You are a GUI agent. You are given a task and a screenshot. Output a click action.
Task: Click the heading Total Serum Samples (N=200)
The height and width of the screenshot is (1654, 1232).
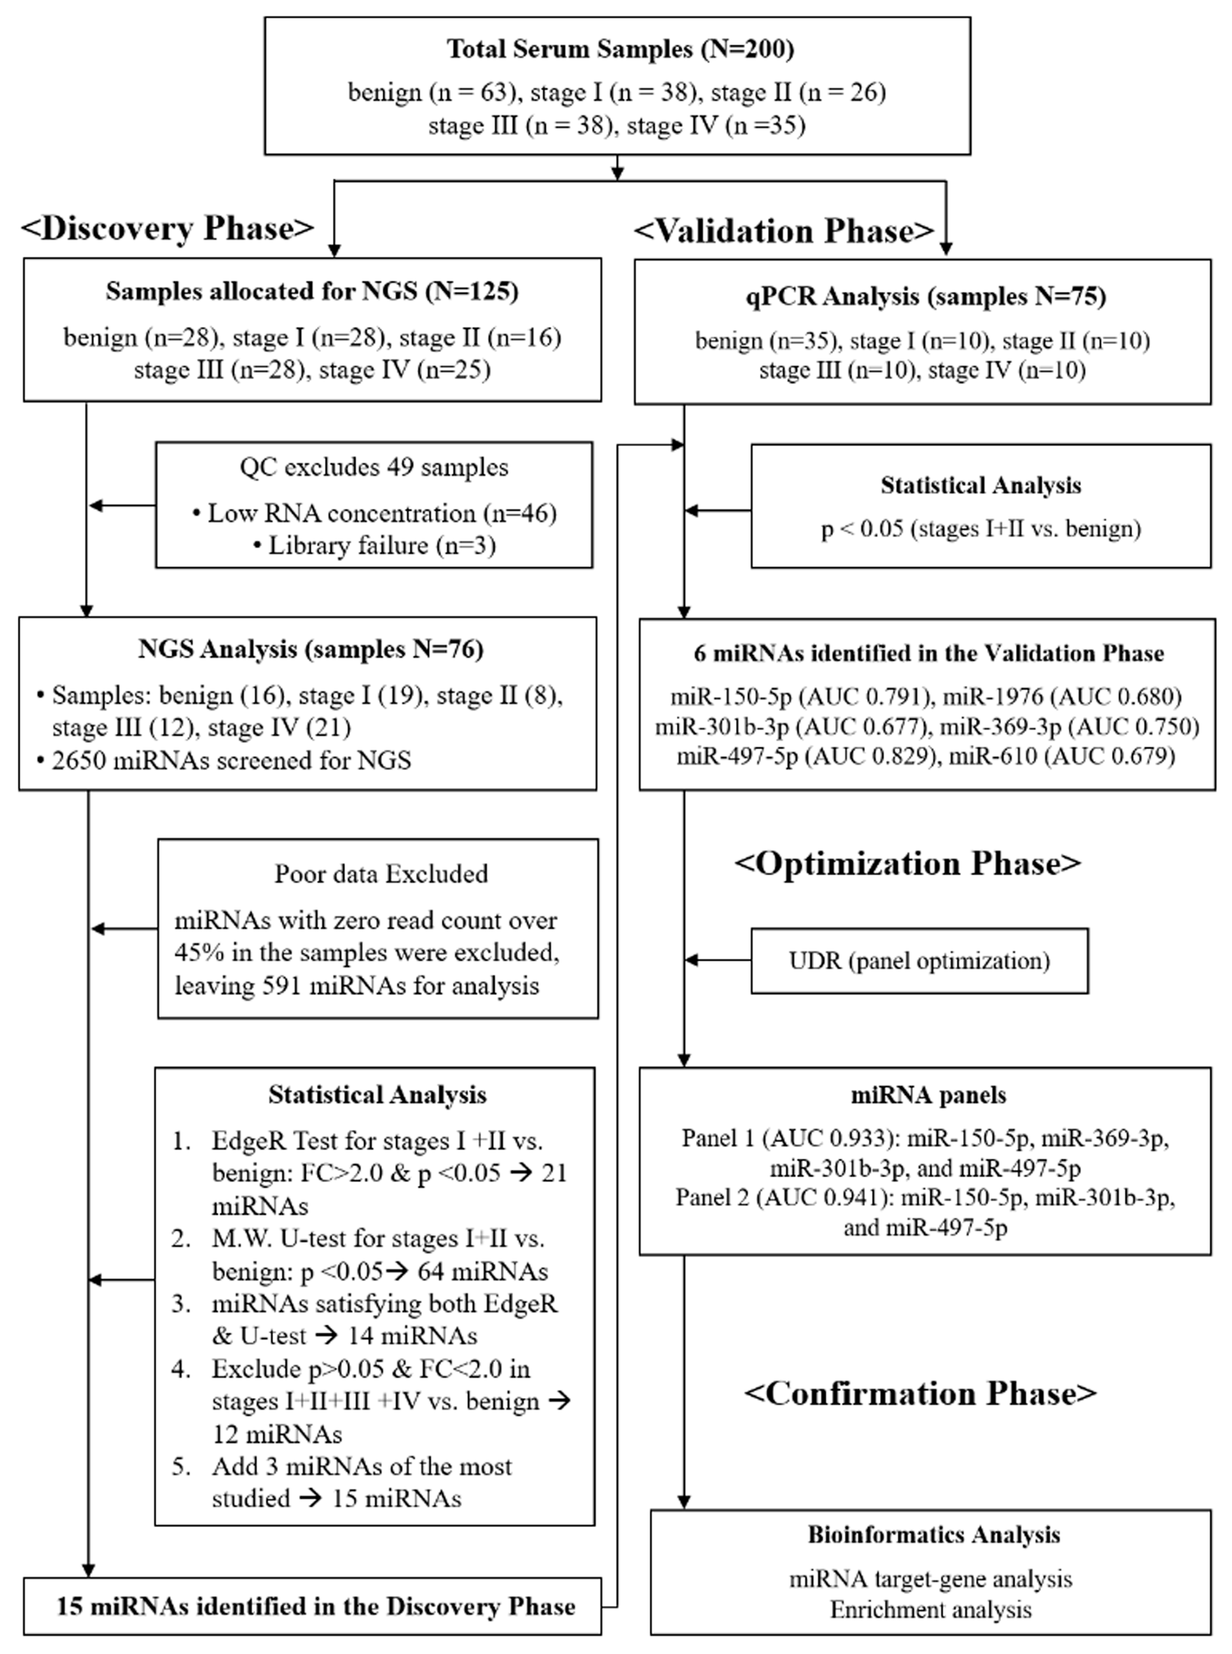[620, 49]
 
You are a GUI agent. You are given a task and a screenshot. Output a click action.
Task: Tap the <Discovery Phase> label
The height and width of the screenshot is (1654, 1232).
[168, 228]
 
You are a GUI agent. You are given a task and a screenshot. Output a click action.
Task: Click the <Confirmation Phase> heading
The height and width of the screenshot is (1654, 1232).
[920, 1394]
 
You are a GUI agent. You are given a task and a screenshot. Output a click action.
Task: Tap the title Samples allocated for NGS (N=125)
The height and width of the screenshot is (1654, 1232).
[312, 291]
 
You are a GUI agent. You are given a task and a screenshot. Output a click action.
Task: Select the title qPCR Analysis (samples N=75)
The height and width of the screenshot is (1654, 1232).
[926, 297]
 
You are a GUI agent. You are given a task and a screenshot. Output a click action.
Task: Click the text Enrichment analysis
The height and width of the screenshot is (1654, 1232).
[931, 1610]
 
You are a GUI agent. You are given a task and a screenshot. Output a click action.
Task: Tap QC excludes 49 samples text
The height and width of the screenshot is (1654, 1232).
[374, 467]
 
